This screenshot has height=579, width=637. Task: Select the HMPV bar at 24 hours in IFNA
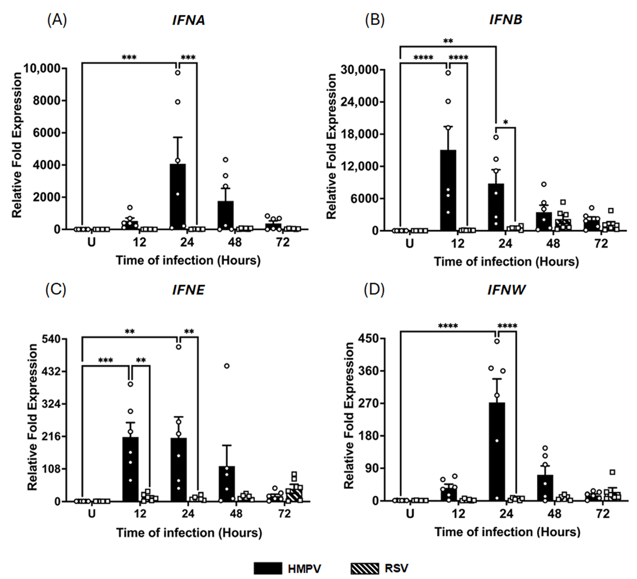[178, 197]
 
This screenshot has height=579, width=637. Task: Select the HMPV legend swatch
[268, 568]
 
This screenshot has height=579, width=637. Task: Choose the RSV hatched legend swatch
[364, 568]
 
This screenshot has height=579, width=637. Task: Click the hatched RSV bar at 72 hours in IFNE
[294, 495]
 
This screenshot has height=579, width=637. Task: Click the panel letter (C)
[56, 290]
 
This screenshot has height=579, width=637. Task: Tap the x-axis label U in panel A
[92, 243]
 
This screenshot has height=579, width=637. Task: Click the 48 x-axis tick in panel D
[554, 514]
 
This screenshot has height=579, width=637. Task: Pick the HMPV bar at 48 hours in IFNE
[226, 483]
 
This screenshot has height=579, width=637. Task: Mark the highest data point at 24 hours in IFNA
[178, 72]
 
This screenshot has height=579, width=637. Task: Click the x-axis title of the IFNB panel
[506, 262]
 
